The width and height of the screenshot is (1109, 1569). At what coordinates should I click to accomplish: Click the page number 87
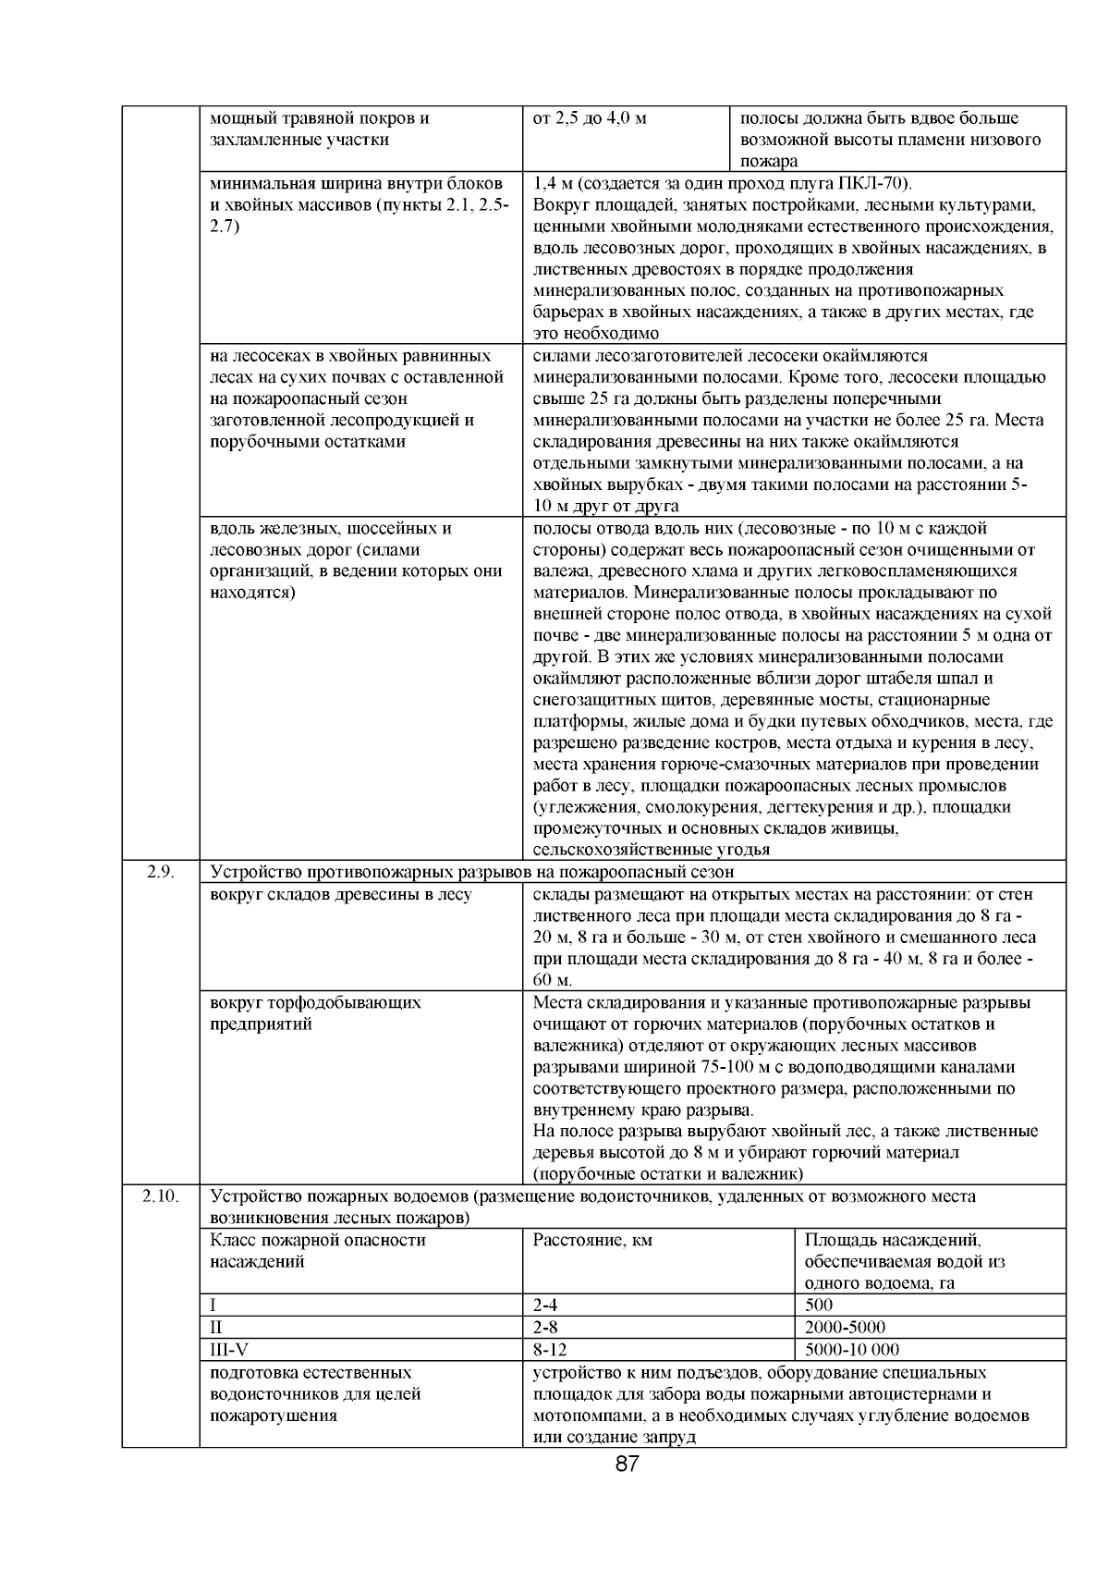point(628,1464)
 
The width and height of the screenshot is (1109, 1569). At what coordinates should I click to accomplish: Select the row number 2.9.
point(161,871)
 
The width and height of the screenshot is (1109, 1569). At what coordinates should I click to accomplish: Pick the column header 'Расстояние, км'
point(592,1240)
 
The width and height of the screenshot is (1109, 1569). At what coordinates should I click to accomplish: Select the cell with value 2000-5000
point(845,1327)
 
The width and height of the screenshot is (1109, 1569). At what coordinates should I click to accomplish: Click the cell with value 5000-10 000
point(852,1349)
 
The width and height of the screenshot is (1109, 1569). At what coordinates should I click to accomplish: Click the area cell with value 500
point(819,1305)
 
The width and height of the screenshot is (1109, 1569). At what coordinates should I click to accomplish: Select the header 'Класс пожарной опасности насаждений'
point(319,1250)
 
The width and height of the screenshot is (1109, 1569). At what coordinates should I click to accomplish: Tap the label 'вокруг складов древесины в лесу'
point(341,894)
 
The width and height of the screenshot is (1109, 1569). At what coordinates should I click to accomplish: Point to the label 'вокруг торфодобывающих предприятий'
point(315,1012)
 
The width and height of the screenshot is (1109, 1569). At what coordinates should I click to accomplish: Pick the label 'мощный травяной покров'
point(319,119)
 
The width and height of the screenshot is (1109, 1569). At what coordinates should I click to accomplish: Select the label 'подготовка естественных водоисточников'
point(315,1394)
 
